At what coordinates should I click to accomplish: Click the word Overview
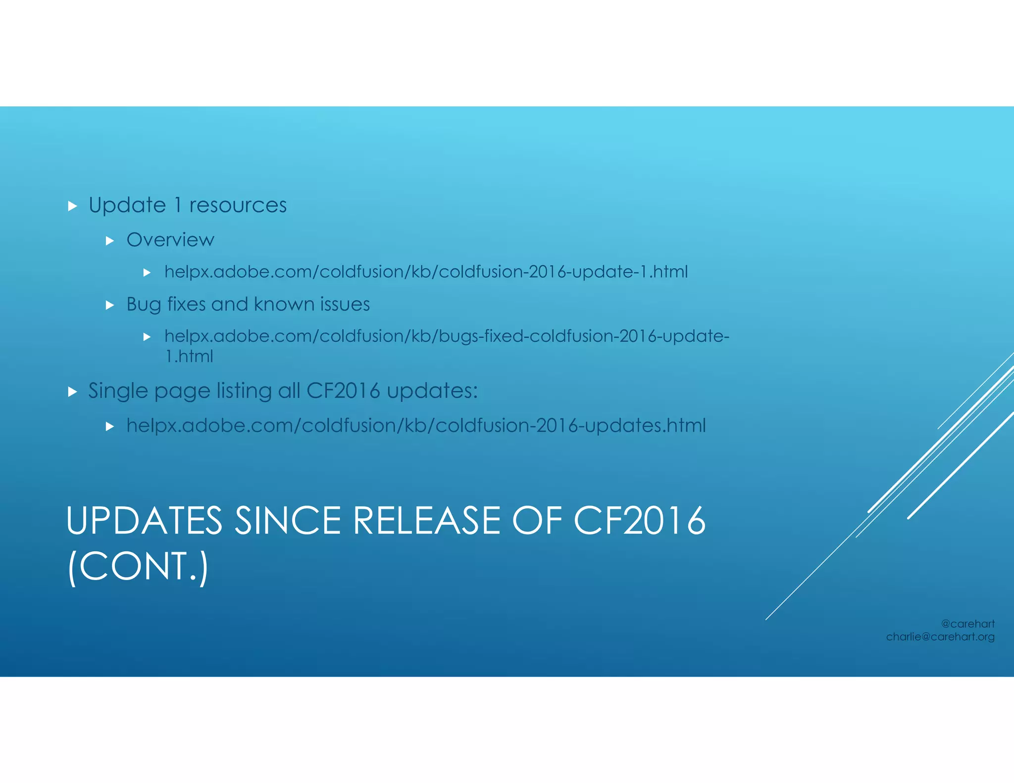pos(170,240)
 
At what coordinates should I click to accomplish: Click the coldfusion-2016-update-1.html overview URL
pos(426,272)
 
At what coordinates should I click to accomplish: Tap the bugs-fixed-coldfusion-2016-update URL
pos(446,337)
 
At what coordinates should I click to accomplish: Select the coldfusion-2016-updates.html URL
pos(416,426)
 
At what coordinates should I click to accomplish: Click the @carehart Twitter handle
pos(967,624)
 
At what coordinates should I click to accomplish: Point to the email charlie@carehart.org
pos(940,637)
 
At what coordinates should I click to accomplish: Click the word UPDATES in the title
pos(144,521)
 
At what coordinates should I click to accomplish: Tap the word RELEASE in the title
pos(426,521)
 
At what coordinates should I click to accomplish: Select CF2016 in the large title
pos(639,521)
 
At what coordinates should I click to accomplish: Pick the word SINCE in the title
pos(288,521)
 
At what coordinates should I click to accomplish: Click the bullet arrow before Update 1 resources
pos(73,206)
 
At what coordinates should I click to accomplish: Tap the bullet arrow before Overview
pos(110,241)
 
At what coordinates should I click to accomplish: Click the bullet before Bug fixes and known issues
pos(110,305)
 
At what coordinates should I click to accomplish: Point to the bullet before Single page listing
pos(73,392)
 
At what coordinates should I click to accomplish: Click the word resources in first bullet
pos(238,205)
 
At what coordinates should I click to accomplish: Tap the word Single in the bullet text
pos(117,391)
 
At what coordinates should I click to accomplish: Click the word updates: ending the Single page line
pos(432,391)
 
